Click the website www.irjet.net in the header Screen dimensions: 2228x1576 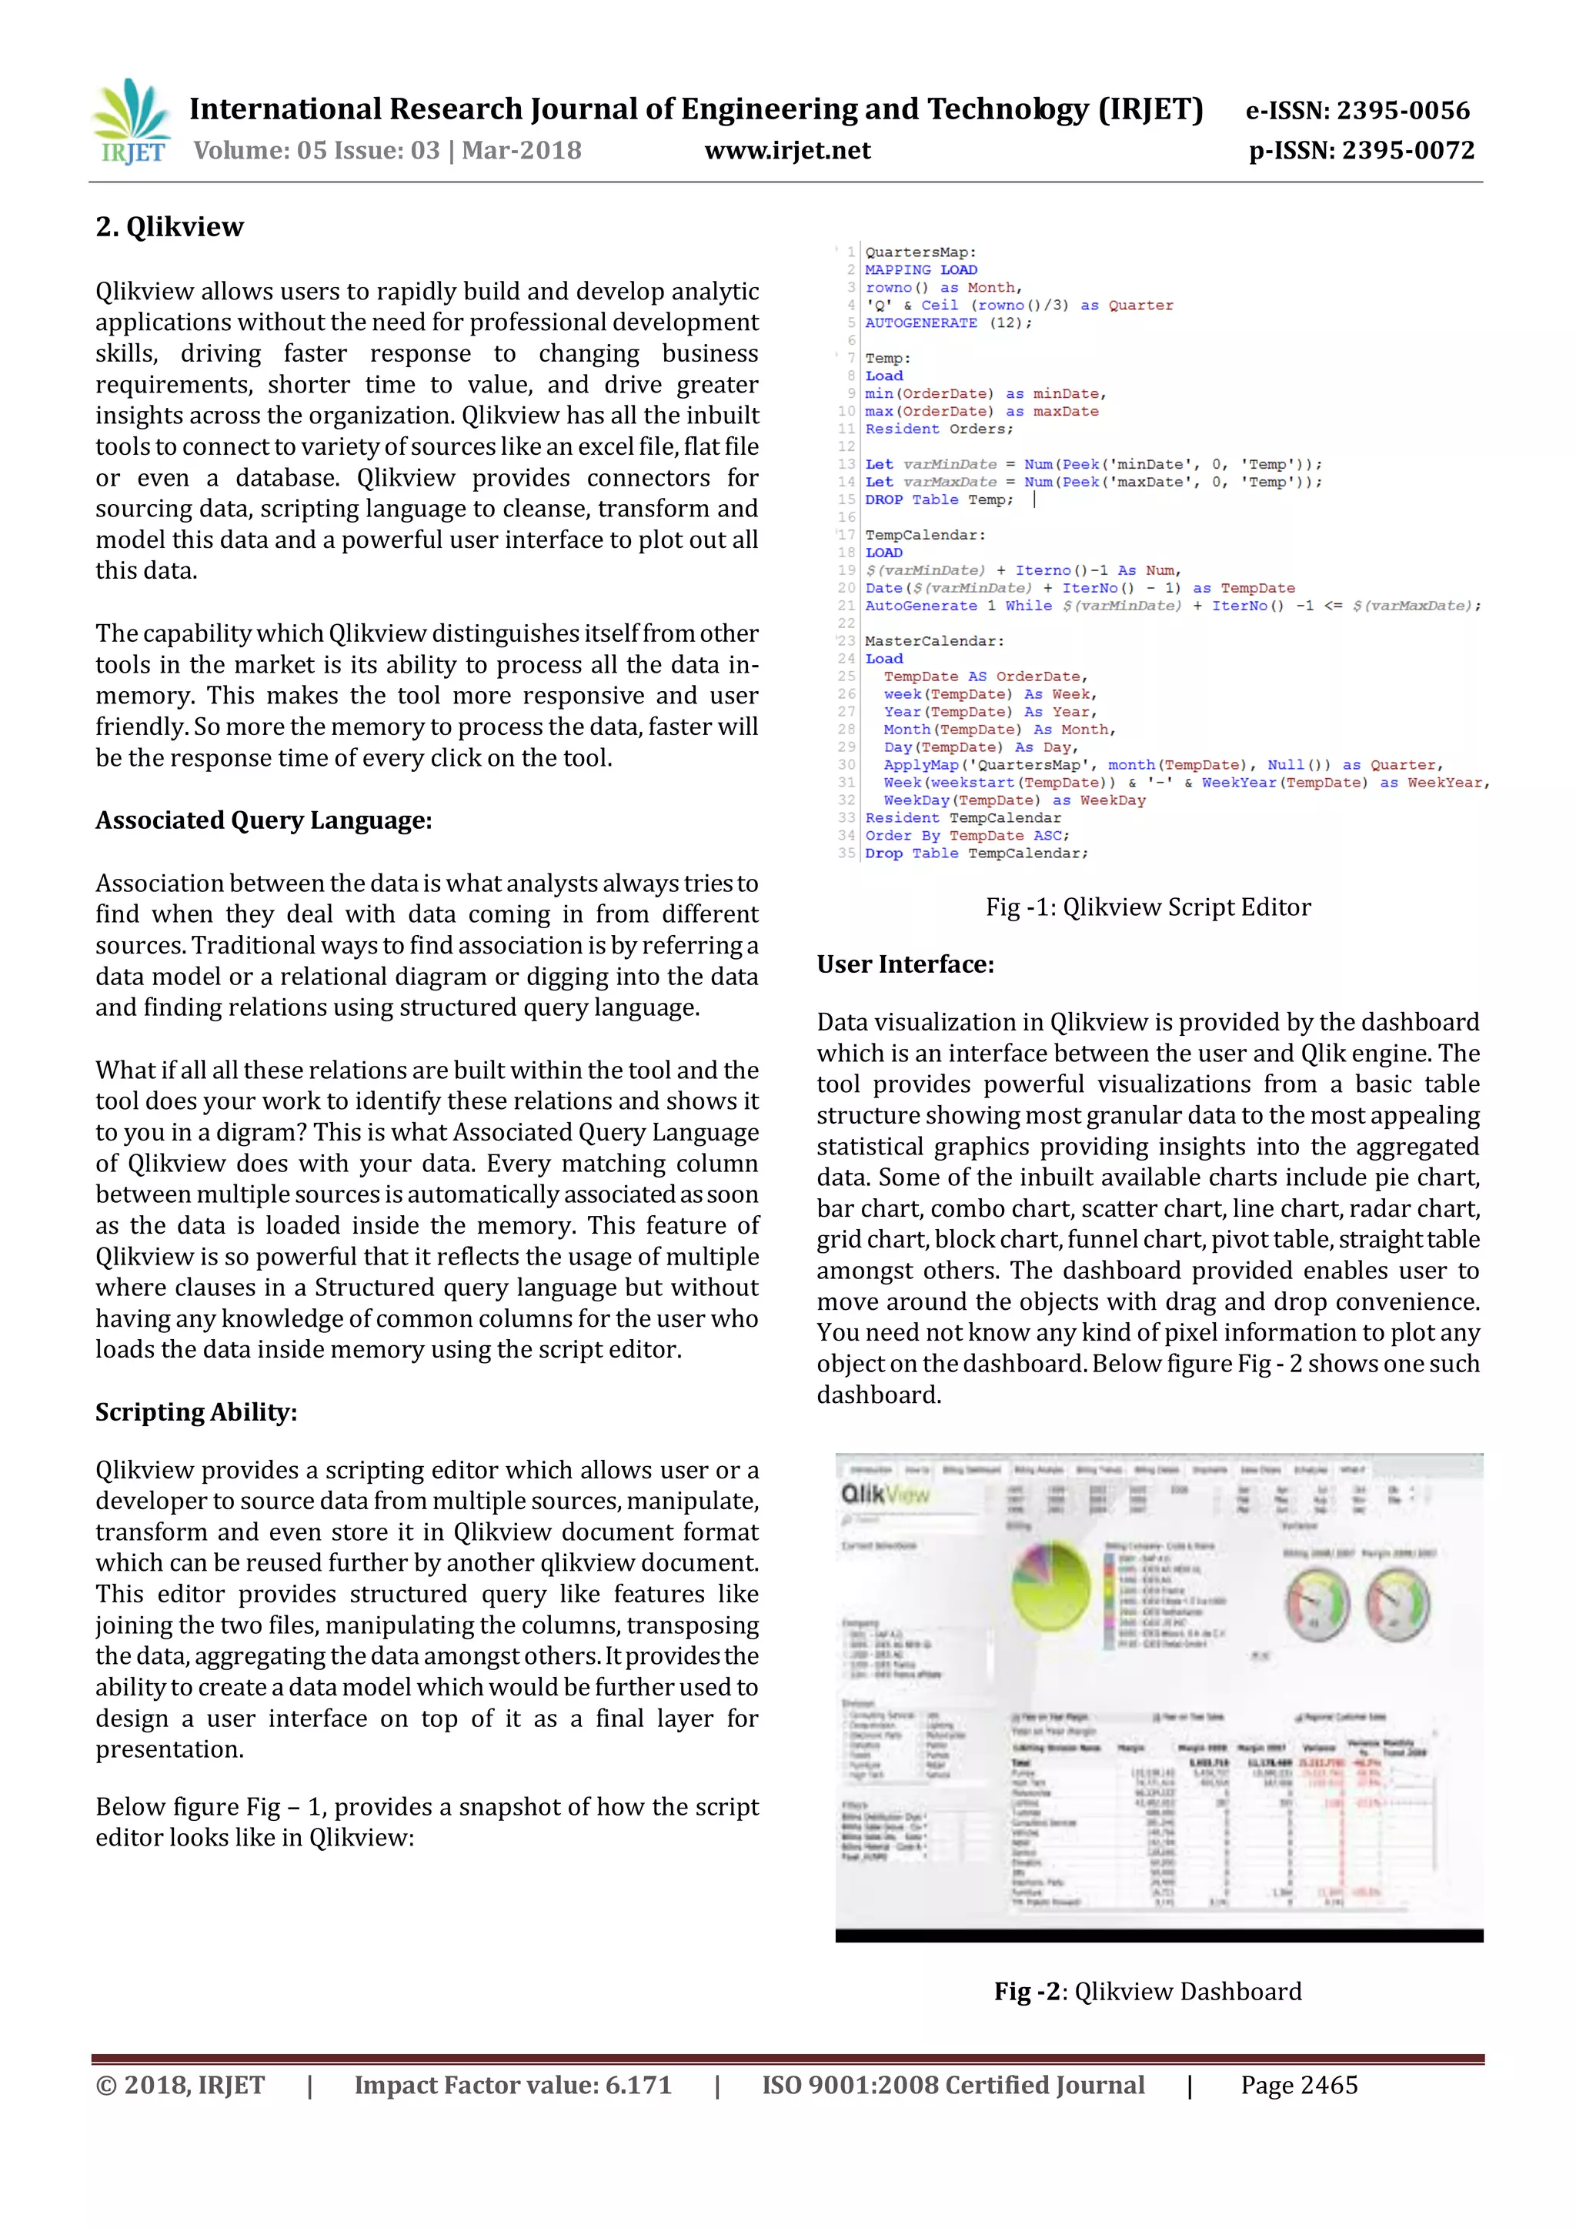[787, 150]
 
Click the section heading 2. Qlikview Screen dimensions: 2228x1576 [170, 227]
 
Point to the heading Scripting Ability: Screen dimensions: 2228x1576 [196, 1412]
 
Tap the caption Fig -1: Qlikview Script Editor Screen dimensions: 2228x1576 [1147, 907]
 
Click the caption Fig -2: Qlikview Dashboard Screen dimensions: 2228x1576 [1147, 1991]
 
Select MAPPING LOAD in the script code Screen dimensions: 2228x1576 [921, 270]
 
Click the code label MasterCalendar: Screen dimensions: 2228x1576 [933, 641]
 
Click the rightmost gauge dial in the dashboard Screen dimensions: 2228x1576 [1397, 1605]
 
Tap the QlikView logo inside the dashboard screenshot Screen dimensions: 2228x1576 [884, 1495]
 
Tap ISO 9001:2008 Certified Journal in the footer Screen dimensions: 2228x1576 [952, 2086]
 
